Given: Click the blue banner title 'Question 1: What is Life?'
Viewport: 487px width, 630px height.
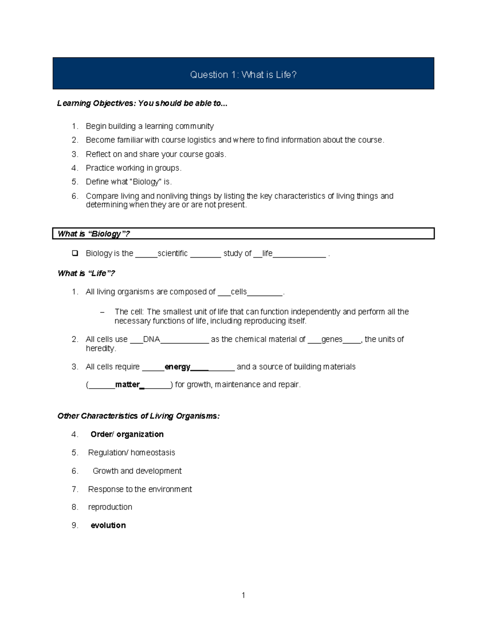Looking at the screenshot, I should pyautogui.click(x=243, y=75).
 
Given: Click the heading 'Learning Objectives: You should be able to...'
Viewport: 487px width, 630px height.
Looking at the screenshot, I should pyautogui.click(x=142, y=103).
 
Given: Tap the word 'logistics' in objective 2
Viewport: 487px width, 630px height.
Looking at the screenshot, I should pyautogui.click(x=201, y=140).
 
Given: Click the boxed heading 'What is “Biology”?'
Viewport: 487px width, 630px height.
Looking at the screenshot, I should pyautogui.click(x=93, y=234).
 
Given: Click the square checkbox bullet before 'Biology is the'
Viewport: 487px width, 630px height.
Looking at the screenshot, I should pyautogui.click(x=75, y=253).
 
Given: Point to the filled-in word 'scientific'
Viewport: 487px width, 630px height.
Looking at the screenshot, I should pyautogui.click(x=172, y=254).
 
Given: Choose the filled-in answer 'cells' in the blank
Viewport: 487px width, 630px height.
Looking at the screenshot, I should pyautogui.click(x=239, y=292).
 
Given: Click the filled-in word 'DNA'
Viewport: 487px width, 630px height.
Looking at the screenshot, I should pyautogui.click(x=151, y=339).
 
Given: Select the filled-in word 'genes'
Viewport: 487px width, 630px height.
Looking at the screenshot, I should pyautogui.click(x=332, y=339).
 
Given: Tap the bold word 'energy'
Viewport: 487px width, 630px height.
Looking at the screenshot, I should pyautogui.click(x=177, y=367).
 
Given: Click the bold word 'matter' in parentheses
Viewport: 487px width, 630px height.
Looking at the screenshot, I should pyautogui.click(x=127, y=385).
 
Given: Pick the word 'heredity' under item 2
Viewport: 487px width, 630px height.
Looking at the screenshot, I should pyautogui.click(x=100, y=348).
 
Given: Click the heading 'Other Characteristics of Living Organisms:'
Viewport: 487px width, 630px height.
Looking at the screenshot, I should pyautogui.click(x=138, y=416).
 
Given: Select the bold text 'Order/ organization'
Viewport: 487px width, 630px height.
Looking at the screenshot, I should pyautogui.click(x=127, y=434).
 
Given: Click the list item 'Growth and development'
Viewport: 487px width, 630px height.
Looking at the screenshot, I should pyautogui.click(x=137, y=471).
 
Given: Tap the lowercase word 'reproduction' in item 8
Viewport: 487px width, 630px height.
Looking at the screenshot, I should pyautogui.click(x=110, y=507).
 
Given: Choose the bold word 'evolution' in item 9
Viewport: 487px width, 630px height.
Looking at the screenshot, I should pyautogui.click(x=108, y=525).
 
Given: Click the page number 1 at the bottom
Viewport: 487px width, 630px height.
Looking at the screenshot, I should pyautogui.click(x=243, y=595).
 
